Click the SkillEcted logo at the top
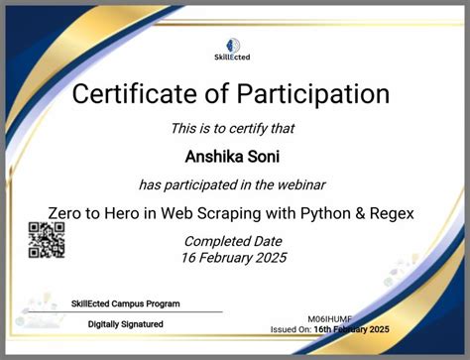click(234, 47)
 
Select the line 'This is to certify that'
click(234, 128)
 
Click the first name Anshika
click(210, 156)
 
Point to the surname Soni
click(265, 156)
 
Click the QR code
click(46, 240)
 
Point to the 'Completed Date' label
click(234, 241)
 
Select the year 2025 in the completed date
click(268, 258)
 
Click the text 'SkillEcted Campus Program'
click(126, 303)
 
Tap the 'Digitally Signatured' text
click(126, 324)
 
